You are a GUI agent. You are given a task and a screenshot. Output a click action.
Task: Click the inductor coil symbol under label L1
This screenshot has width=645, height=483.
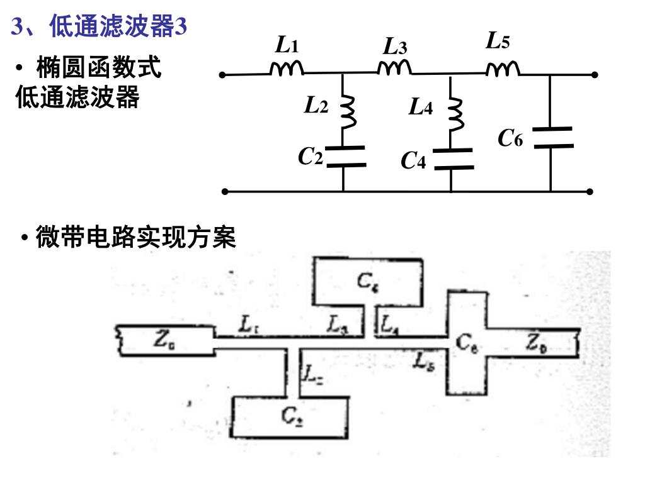click(x=287, y=69)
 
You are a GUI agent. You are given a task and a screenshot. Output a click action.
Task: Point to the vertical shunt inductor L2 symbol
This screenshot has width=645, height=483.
click(x=347, y=111)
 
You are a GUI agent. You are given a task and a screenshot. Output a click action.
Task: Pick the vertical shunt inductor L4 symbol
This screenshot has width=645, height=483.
click(x=455, y=112)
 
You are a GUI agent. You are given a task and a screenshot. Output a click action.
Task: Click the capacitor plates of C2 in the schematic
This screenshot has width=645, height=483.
click(x=344, y=157)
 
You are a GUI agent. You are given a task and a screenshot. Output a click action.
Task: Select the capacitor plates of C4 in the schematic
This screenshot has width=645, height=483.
click(x=452, y=159)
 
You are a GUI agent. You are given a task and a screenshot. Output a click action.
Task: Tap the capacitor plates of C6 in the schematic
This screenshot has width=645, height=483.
click(x=552, y=137)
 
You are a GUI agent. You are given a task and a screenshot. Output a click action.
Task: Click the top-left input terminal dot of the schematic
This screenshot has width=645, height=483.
click(x=222, y=75)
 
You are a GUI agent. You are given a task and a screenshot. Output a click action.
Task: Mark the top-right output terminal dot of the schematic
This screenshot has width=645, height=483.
click(x=595, y=75)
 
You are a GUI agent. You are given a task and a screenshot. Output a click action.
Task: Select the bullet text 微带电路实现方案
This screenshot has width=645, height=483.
click(x=135, y=238)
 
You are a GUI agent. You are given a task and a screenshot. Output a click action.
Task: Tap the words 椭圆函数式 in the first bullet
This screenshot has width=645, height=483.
click(x=98, y=67)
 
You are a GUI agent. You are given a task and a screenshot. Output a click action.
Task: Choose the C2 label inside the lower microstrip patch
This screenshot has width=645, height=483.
click(x=292, y=415)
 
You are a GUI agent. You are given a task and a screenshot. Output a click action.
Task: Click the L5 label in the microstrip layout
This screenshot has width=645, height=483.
click(x=423, y=361)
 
